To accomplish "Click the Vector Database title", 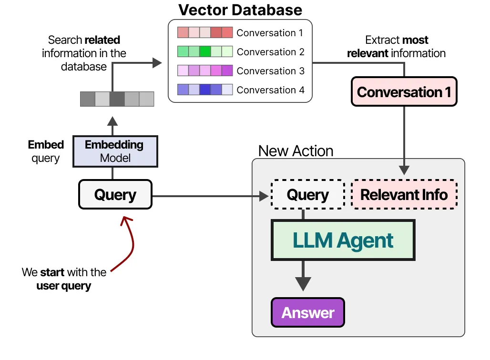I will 240,10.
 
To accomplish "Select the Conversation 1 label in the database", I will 270,33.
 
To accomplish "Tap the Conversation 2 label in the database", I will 270,52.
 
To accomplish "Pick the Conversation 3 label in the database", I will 270,71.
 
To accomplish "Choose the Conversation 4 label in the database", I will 270,90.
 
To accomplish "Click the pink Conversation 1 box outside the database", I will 404,91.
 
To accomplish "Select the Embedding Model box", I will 114,151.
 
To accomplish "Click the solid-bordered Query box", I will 115,194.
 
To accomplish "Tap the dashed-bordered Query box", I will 307,194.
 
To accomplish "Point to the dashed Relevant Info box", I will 404,194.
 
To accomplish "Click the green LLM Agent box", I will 343,240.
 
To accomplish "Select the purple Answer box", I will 307,312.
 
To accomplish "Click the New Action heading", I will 296,151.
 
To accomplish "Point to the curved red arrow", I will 129,243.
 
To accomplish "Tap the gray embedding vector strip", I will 117,99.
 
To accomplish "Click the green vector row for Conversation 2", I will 205,51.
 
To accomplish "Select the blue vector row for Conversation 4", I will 205,90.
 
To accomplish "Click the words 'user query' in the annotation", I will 63,286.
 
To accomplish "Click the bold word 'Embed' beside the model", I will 46,145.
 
